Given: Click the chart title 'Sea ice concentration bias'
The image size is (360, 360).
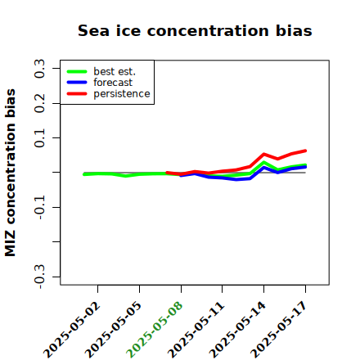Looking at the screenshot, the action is tap(195, 30).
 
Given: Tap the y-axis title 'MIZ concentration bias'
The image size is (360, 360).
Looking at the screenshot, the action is tap(11, 173).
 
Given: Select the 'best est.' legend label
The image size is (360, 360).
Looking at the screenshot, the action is tap(115, 71).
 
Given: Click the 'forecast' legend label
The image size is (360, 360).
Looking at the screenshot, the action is tap(113, 83).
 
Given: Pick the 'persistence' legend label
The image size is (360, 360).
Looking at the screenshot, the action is tap(122, 94).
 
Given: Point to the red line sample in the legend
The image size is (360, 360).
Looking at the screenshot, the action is tap(77, 94).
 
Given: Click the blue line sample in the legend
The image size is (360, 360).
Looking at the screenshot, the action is tap(77, 83).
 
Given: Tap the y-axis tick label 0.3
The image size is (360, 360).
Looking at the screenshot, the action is tap(40, 69).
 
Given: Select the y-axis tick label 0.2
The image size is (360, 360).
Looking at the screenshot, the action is tap(40, 103).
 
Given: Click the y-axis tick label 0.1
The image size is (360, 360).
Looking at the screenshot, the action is tap(40, 138).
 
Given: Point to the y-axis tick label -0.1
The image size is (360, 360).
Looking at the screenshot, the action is tap(40, 207).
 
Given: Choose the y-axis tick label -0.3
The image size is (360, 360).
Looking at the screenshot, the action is tap(40, 277).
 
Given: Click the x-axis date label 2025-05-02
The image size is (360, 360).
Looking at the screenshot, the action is tap(72, 330).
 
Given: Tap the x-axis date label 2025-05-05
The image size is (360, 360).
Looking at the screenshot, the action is tap(114, 330).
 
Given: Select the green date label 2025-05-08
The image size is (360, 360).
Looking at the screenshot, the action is tap(155, 330).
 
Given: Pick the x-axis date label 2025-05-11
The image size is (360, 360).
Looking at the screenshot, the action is tap(196, 330).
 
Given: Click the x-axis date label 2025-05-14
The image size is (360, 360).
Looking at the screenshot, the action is tap(238, 330).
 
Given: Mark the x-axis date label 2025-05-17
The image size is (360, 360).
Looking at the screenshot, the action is tap(279, 330).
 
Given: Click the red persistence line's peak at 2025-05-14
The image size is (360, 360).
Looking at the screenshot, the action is tap(263, 155).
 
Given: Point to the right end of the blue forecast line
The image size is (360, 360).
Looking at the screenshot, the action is tap(305, 167).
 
